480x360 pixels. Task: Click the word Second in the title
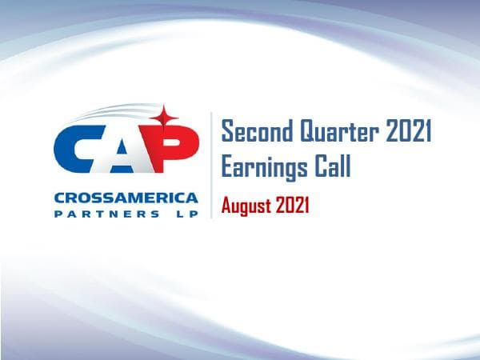pos(255,131)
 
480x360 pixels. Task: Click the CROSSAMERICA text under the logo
pos(126,198)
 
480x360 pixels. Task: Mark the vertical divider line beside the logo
pos(211,165)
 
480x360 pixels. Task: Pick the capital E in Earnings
pos(228,168)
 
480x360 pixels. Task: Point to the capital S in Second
pos(227,131)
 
